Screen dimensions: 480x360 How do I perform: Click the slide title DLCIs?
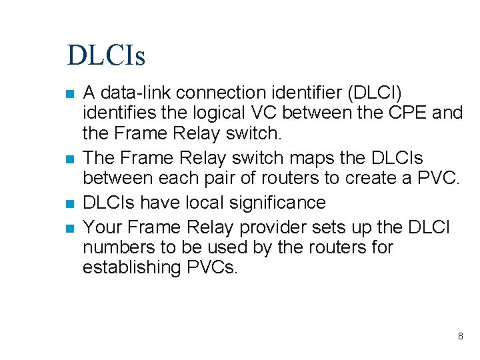[x=106, y=55]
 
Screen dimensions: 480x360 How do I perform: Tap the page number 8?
[x=460, y=336]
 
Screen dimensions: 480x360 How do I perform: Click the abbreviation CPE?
[x=407, y=113]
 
